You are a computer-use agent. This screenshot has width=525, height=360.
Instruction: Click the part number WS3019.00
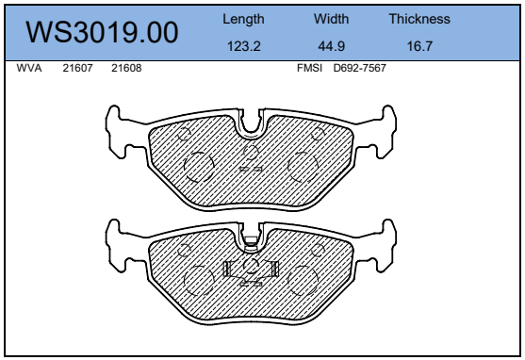[102, 32]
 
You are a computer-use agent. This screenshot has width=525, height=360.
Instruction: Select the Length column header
[243, 20]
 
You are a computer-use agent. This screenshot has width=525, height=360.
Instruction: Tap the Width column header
[331, 19]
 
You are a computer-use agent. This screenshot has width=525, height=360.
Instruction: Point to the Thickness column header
[419, 19]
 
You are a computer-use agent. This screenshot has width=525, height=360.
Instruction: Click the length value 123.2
[244, 46]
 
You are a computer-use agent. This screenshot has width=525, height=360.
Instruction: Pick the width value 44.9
[331, 46]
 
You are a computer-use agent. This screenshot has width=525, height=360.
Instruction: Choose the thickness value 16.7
[419, 46]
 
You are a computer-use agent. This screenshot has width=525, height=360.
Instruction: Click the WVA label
[29, 68]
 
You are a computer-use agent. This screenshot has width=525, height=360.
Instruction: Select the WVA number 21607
[77, 68]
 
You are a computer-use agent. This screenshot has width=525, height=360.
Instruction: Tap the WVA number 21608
[126, 68]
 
